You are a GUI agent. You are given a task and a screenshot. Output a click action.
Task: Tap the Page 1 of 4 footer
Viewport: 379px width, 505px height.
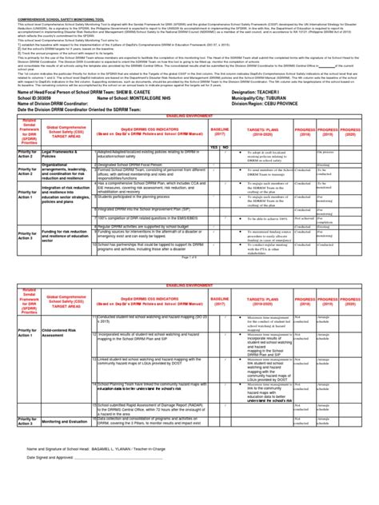tap(189, 256)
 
